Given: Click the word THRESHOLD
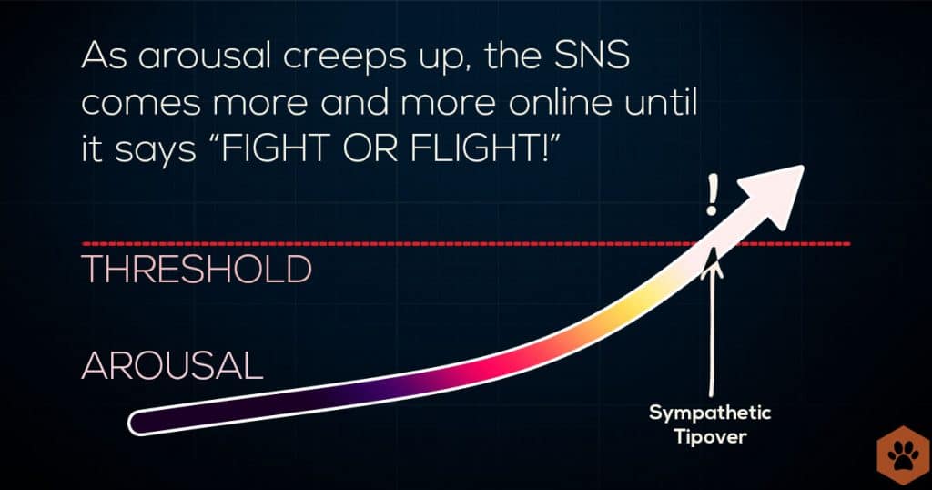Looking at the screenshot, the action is tap(197, 270).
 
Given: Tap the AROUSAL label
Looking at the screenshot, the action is tap(172, 365).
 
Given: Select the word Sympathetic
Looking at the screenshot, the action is tap(710, 413).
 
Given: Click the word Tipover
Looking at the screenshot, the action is tap(710, 437).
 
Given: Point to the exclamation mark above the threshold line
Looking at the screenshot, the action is tap(712, 195).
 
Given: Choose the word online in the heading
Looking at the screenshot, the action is tap(561, 102).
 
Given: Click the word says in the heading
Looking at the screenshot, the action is tap(155, 151).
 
